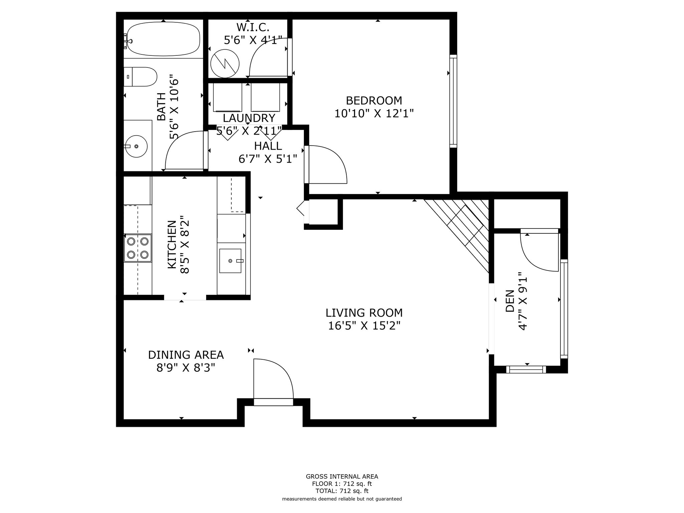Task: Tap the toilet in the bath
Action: click(x=140, y=76)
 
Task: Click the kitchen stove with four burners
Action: click(x=138, y=248)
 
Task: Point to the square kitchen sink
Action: click(x=230, y=261)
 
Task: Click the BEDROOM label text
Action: click(x=374, y=100)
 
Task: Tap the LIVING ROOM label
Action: click(x=364, y=313)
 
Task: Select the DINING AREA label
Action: click(x=186, y=355)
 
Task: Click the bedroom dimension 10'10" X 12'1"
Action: click(x=374, y=114)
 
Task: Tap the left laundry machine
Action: click(x=227, y=97)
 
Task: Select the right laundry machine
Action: click(x=265, y=97)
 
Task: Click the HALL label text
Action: click(x=268, y=146)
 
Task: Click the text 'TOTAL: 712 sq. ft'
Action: click(x=342, y=491)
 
